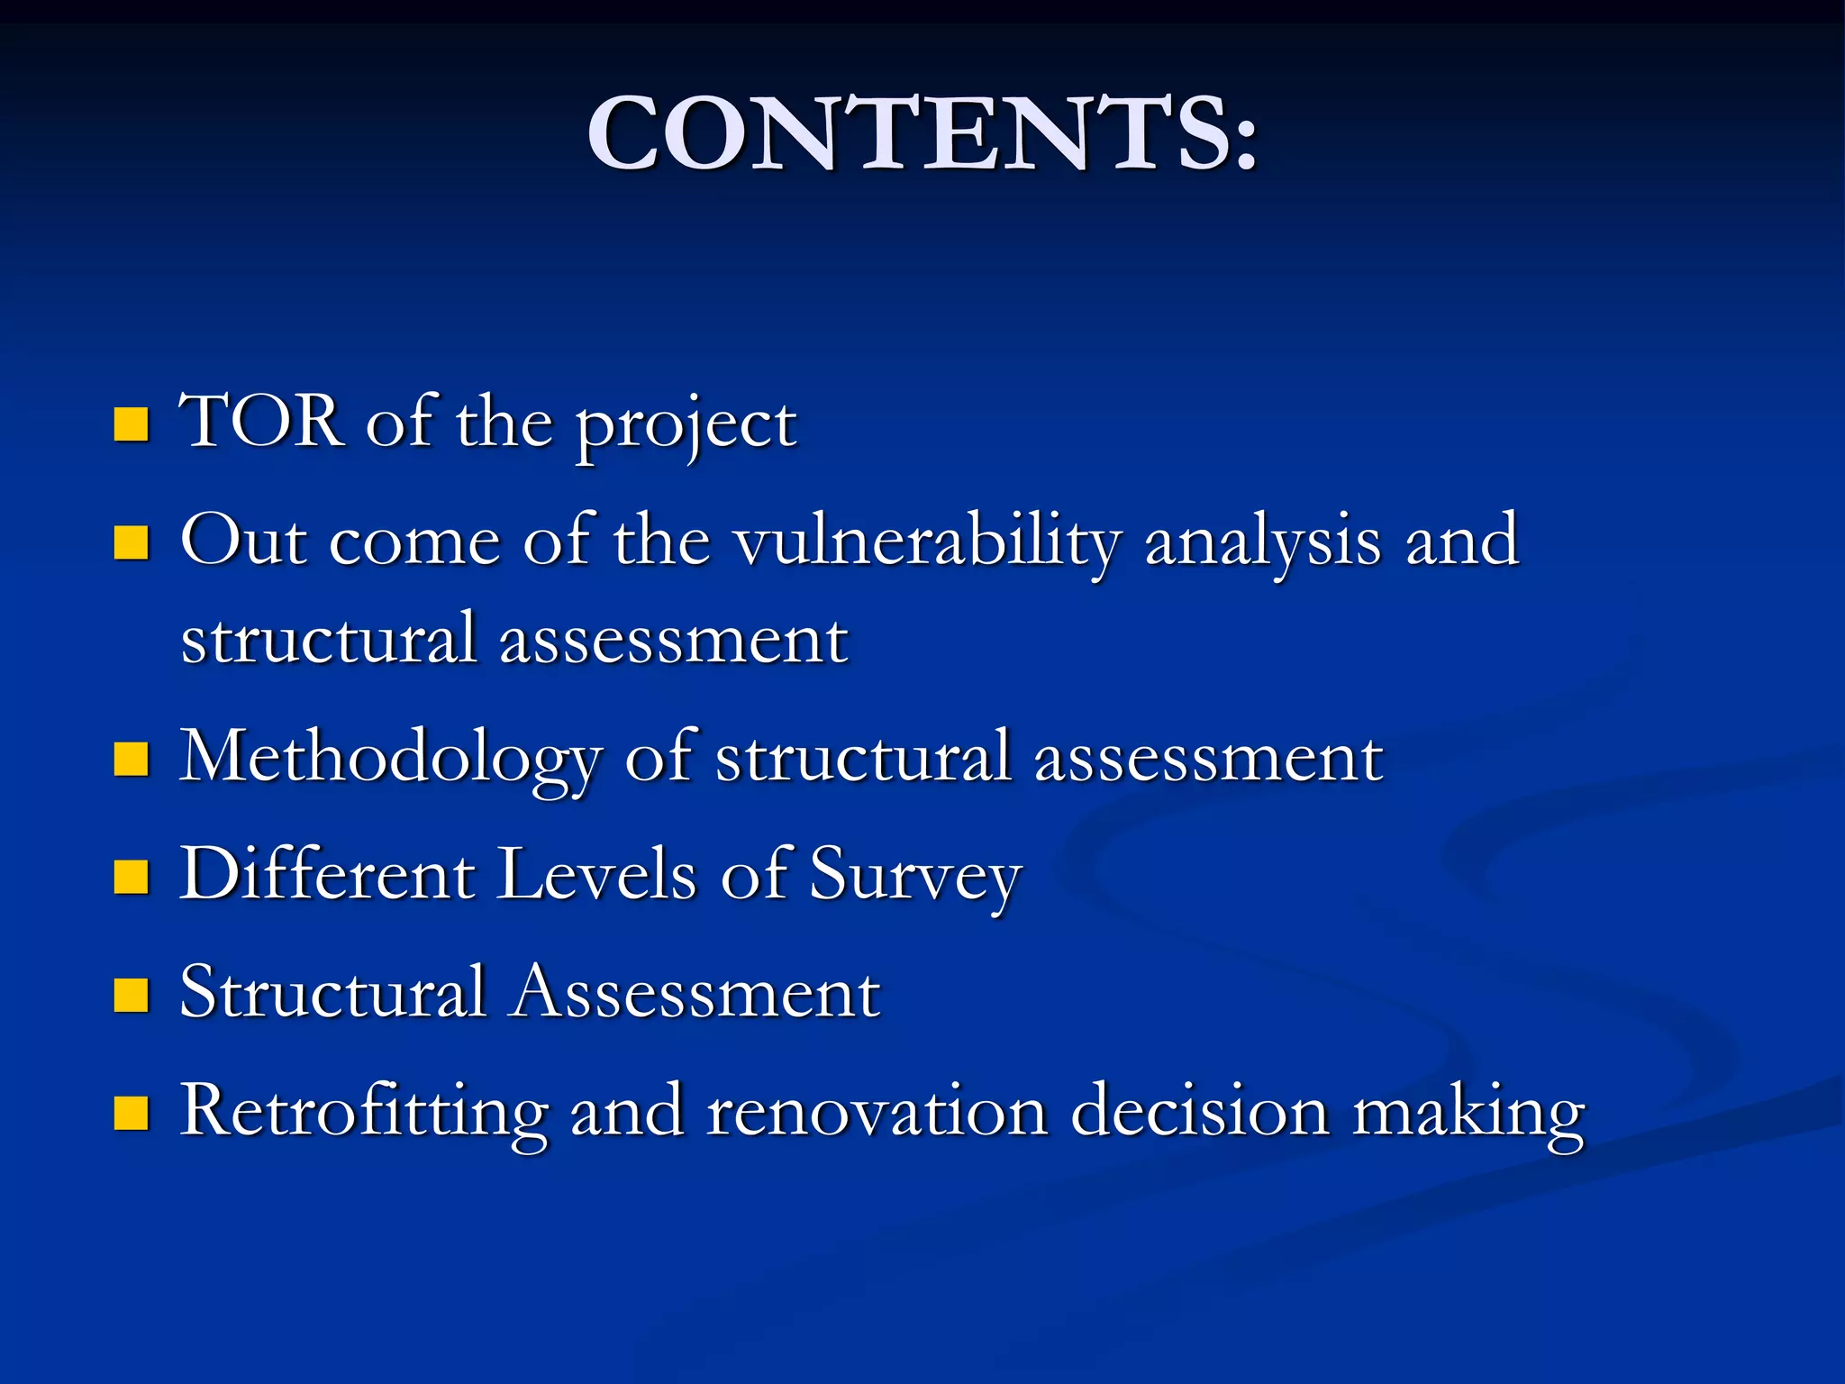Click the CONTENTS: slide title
[x=922, y=133]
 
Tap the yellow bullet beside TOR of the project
[x=132, y=423]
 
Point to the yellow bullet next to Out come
[x=132, y=542]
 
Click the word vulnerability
[x=927, y=543]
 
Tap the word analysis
[x=1262, y=542]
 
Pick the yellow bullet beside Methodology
[x=132, y=759]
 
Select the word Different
[x=327, y=873]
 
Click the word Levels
[x=597, y=873]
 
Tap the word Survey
[x=915, y=877]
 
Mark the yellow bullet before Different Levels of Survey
[x=132, y=876]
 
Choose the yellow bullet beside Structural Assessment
[x=132, y=996]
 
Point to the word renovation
[x=877, y=1111]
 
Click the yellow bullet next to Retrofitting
[x=132, y=1113]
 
